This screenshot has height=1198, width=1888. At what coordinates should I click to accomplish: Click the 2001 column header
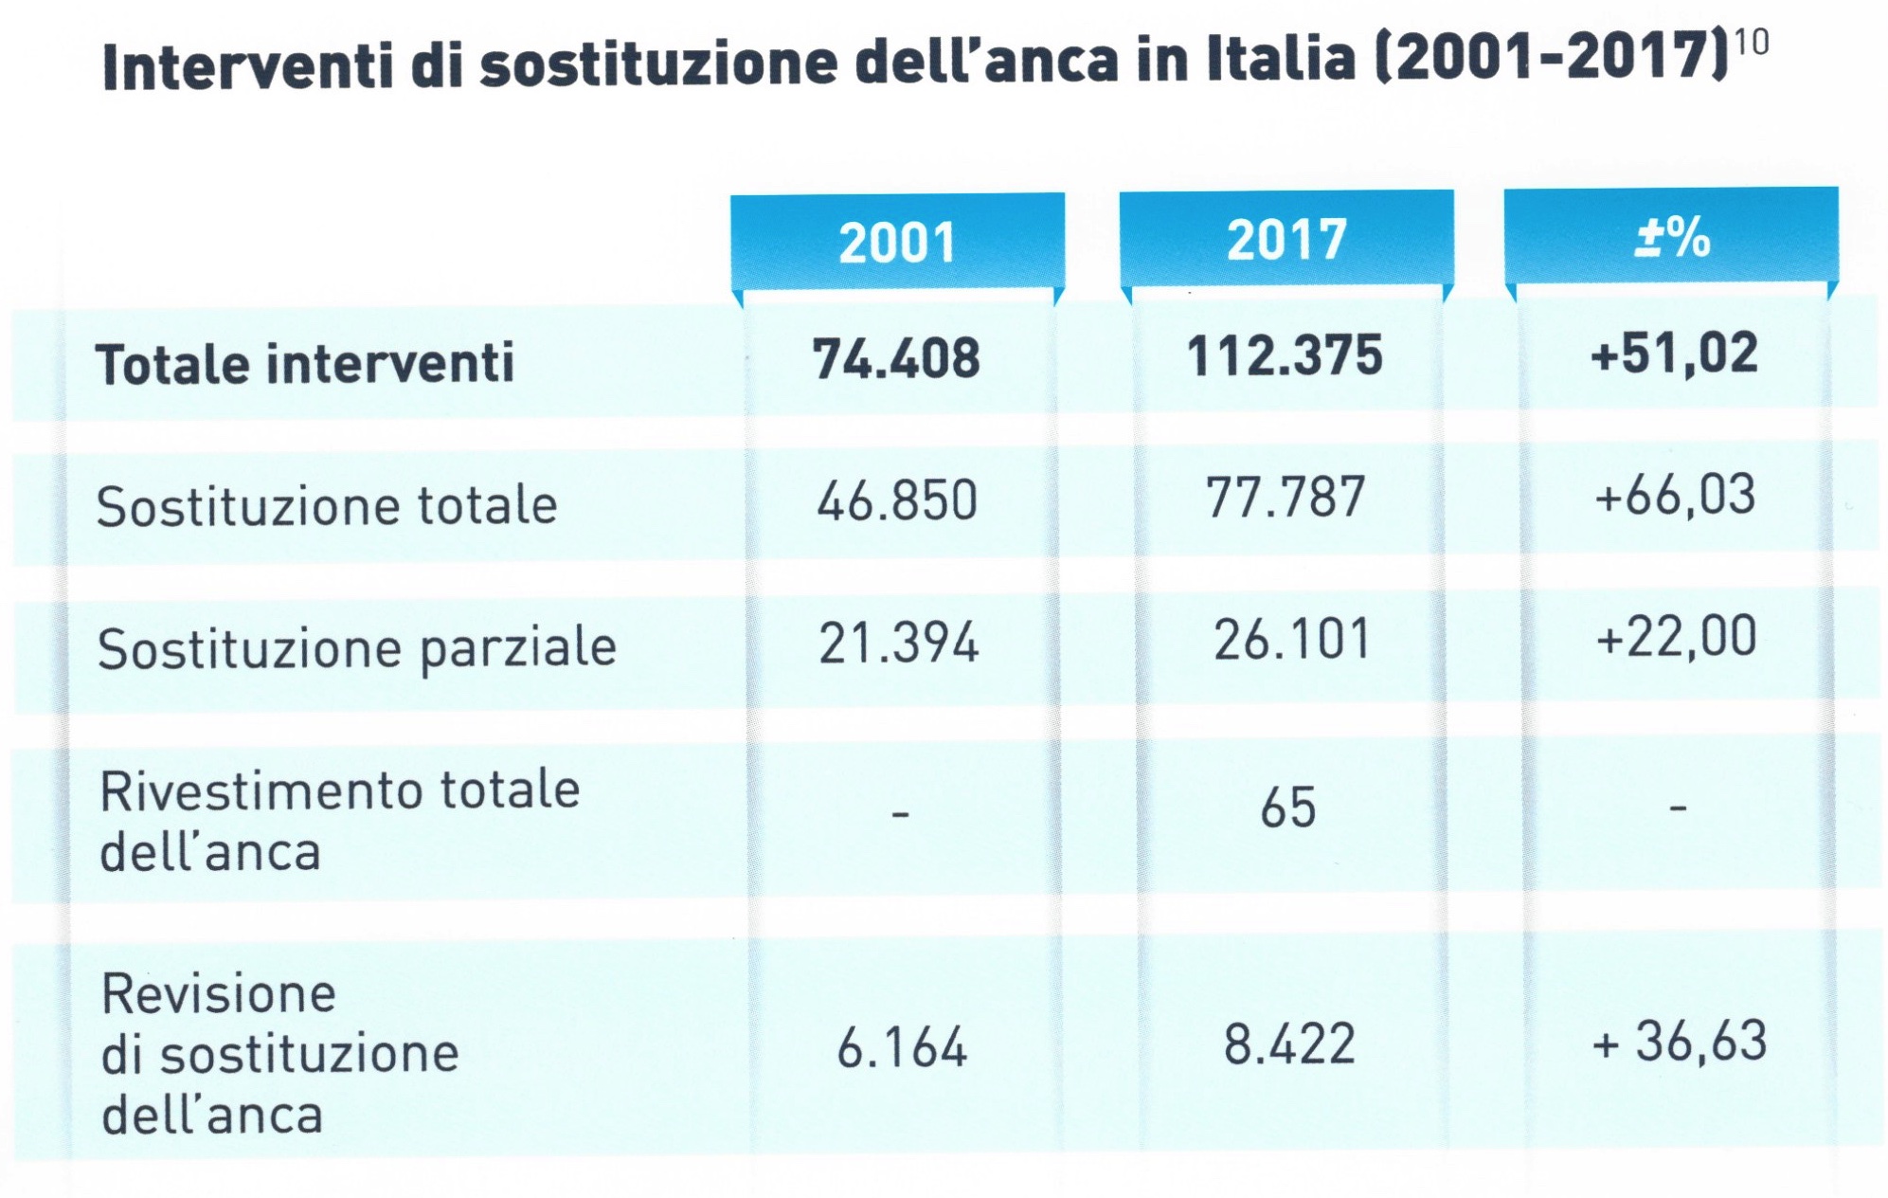897,242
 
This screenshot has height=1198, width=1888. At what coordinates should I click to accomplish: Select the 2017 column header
1286,239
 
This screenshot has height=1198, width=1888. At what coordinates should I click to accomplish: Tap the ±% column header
1672,237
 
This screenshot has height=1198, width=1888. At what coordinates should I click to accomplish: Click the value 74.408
896,359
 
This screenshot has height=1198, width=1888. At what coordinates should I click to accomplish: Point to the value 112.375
1285,356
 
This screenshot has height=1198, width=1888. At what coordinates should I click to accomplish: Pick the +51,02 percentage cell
1674,354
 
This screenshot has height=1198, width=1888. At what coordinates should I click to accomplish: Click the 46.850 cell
897,500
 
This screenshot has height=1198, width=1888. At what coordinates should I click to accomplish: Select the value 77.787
1286,498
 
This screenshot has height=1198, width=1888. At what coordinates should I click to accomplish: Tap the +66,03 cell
1675,496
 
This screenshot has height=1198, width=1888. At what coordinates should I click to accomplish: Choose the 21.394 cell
898,644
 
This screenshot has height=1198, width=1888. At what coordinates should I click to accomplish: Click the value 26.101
1291,640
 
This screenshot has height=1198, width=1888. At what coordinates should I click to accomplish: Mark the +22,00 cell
1676,636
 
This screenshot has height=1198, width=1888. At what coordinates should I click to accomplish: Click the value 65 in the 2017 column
1288,808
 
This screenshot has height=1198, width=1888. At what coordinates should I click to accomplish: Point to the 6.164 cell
902,1048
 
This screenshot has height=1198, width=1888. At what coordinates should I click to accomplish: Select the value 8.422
1289,1044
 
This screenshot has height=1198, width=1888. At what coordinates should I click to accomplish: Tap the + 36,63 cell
1680,1041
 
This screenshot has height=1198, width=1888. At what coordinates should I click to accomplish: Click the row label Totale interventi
305,363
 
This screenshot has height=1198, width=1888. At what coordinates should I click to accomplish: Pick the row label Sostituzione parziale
357,649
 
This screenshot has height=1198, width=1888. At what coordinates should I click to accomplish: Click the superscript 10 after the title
1753,43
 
